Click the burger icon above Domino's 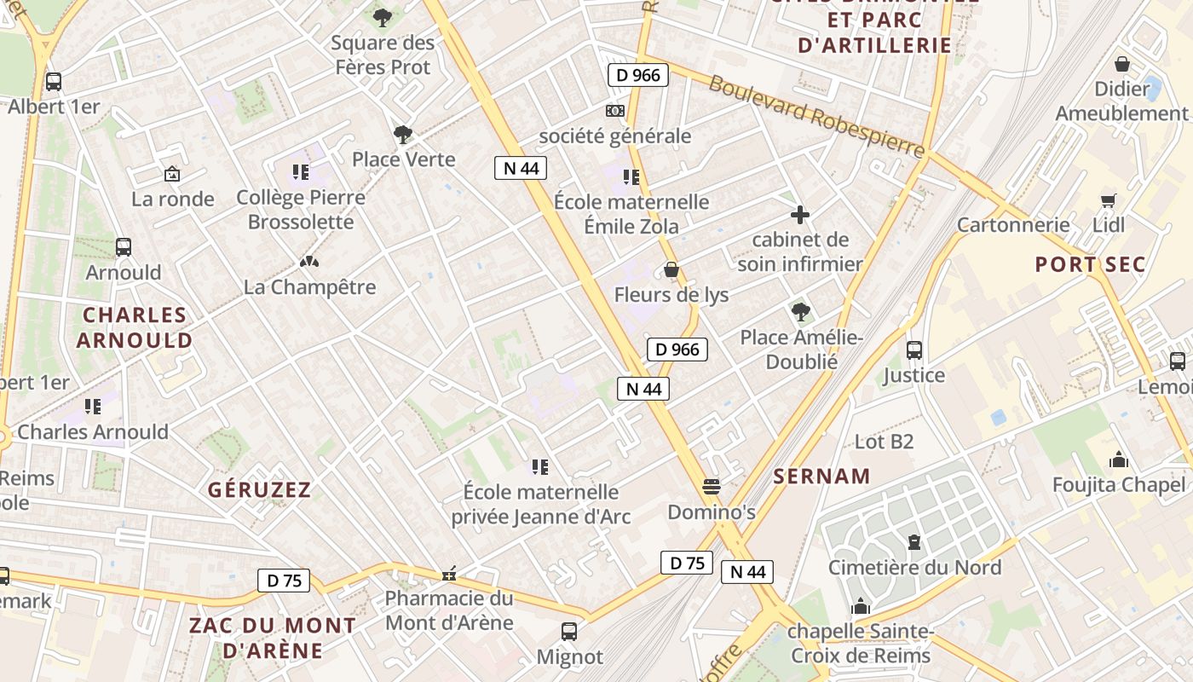click(712, 487)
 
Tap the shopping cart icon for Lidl click(1108, 200)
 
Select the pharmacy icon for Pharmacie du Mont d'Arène click(449, 574)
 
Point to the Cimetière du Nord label click(914, 567)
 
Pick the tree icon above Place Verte click(403, 134)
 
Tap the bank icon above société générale click(614, 111)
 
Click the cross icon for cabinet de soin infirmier click(800, 215)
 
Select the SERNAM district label click(821, 477)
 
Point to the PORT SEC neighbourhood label click(1090, 264)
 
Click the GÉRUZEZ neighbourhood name click(260, 489)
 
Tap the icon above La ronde click(172, 174)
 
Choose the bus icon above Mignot click(569, 632)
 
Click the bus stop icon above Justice click(914, 350)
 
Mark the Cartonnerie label click(1012, 225)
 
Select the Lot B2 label click(884, 441)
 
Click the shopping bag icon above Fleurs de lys click(671, 270)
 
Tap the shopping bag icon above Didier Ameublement click(1122, 64)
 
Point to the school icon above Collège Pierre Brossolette click(300, 172)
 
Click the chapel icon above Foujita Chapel click(1119, 460)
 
